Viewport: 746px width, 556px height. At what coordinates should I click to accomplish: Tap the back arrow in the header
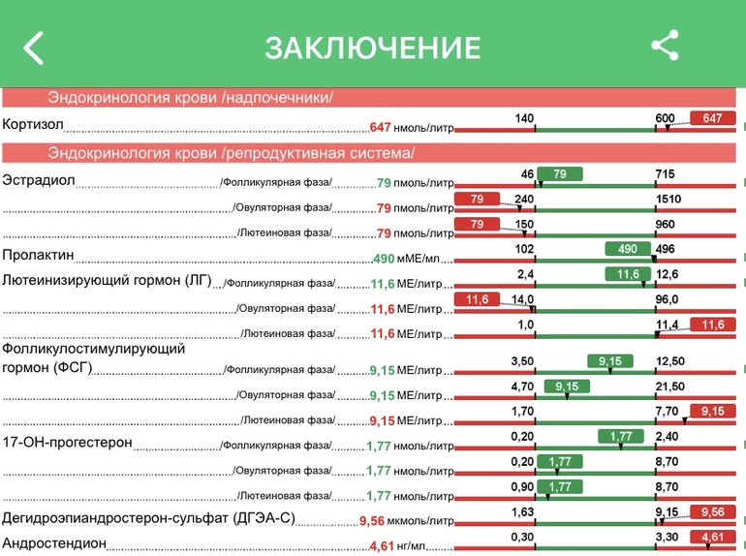(x=34, y=46)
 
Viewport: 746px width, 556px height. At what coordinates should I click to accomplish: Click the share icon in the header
(x=665, y=46)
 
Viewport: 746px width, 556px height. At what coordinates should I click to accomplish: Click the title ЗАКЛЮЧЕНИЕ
(x=373, y=47)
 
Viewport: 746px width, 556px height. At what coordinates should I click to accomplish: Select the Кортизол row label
(x=33, y=125)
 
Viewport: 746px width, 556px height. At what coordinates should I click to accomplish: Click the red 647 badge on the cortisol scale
(x=712, y=118)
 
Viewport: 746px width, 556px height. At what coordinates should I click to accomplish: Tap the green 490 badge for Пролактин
(x=627, y=248)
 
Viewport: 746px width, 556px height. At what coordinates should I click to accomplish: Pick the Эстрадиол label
(x=39, y=180)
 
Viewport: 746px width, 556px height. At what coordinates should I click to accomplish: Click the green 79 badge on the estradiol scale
(x=560, y=174)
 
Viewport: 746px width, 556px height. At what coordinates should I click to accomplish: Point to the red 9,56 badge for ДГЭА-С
(x=712, y=511)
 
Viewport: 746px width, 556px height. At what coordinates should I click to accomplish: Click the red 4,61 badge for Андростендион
(x=712, y=537)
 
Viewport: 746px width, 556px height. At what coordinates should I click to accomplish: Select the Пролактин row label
(x=38, y=256)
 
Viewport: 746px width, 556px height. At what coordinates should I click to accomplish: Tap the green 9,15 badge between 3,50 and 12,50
(x=609, y=361)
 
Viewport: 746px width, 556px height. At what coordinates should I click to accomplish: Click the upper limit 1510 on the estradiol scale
(x=668, y=200)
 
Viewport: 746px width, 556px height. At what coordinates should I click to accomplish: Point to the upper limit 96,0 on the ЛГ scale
(x=667, y=299)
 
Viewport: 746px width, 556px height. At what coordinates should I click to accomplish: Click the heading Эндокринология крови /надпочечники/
(x=190, y=98)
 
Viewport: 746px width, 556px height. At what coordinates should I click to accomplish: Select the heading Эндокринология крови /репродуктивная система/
(x=231, y=153)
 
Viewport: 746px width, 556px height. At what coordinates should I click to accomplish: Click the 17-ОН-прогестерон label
(x=67, y=443)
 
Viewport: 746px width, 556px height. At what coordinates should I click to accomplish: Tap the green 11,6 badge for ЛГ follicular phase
(x=627, y=274)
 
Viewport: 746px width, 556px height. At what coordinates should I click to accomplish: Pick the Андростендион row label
(x=53, y=543)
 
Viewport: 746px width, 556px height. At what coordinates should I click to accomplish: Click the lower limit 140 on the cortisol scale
(x=524, y=118)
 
